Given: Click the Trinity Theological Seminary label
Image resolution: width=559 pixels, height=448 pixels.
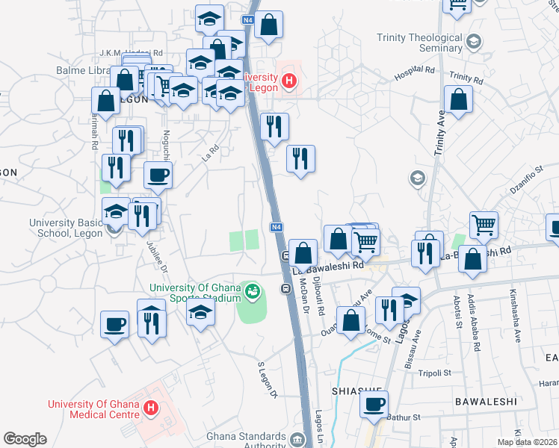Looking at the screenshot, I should click(x=419, y=43).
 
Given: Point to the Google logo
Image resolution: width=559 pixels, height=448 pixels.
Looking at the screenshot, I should click(x=25, y=439).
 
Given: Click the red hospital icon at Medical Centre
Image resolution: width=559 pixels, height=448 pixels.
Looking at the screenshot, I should click(x=151, y=408).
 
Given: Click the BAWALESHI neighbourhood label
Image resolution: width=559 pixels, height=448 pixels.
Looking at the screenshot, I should click(x=486, y=401).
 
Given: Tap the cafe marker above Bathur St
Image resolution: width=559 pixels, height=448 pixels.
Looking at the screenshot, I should click(x=374, y=404).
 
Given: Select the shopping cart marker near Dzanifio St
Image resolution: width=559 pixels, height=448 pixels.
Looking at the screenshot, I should click(x=484, y=223).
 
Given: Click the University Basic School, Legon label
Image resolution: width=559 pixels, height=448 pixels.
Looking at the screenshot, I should click(x=65, y=227).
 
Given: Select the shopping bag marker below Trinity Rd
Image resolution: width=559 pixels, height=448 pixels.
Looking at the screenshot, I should click(x=458, y=99).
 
